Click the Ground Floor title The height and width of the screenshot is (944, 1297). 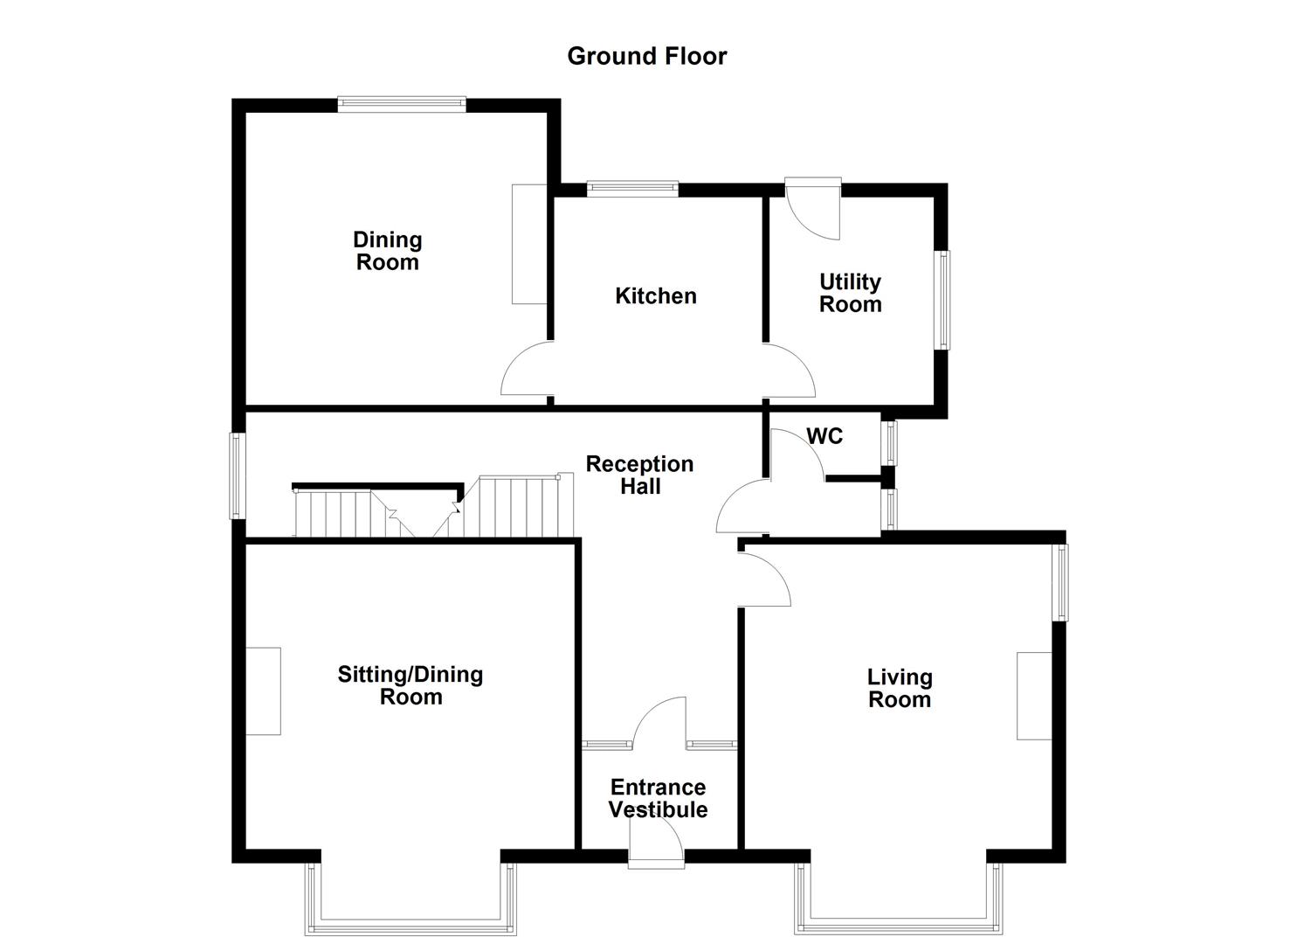click(646, 56)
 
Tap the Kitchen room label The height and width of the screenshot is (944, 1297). click(655, 295)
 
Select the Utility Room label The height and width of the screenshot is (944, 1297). click(850, 293)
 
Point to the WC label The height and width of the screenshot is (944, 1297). click(824, 436)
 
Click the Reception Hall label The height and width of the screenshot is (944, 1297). click(639, 475)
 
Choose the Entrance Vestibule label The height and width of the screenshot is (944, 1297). click(658, 798)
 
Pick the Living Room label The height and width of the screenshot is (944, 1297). click(900, 688)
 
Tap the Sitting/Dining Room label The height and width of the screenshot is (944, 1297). click(410, 685)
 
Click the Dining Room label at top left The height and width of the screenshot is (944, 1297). click(387, 251)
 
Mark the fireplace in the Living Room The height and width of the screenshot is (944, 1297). click(1034, 696)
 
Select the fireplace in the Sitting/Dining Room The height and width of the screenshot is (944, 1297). click(263, 691)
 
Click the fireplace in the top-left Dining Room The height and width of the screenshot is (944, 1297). click(529, 244)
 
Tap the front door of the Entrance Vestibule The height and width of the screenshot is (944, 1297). click(657, 846)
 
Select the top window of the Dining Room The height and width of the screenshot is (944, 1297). click(402, 104)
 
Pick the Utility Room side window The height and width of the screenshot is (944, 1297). click(943, 300)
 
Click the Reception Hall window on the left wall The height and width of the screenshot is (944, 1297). click(237, 475)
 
